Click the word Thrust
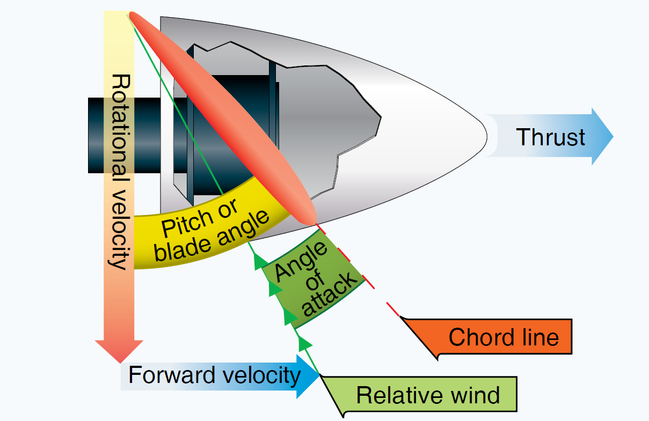tap(550, 137)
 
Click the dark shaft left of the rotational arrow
tap(97, 135)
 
